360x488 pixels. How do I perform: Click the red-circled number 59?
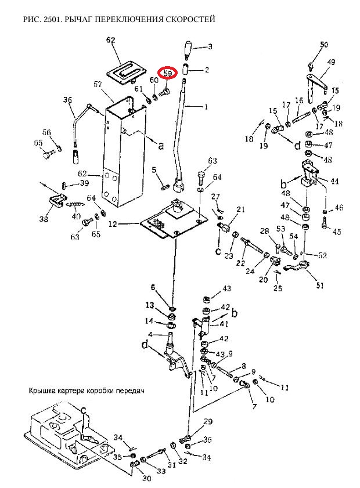coord(168,73)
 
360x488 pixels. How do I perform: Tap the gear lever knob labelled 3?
coord(188,49)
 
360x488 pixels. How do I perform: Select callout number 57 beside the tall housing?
coord(98,84)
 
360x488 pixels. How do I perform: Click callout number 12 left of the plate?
coord(113,224)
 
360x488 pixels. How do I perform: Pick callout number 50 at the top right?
coord(324,45)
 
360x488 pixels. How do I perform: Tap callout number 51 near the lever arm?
coord(320,285)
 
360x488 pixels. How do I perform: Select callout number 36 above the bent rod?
coord(67,100)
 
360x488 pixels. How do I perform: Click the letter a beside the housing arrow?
coord(161,145)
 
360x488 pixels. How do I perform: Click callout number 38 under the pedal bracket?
coord(44,219)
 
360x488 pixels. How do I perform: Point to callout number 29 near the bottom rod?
coord(208,421)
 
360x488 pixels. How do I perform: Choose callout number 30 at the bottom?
coord(147,478)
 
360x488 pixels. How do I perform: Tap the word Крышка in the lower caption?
coord(41,391)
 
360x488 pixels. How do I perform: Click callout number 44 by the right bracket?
coord(334,181)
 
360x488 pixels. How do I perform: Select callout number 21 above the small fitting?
coord(241,209)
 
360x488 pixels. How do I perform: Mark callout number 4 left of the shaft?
coord(151,335)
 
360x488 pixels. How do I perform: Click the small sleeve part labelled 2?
coord(186,69)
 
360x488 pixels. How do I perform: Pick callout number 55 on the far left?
coord(38,143)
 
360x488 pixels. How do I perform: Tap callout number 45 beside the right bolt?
coord(337,232)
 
